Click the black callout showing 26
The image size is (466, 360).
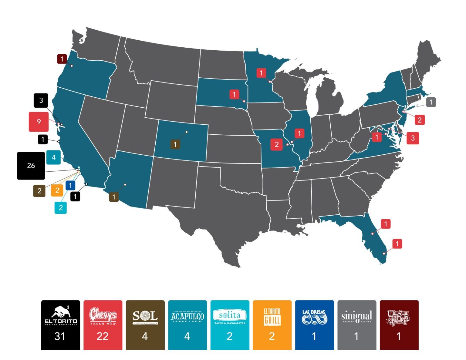[x=31, y=166]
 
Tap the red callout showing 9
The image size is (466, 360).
[x=39, y=122]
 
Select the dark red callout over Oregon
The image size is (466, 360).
[x=62, y=59]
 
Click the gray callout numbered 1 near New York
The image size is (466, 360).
[x=431, y=102]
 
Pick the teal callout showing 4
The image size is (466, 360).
[x=53, y=157]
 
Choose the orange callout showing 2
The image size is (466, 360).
[x=57, y=190]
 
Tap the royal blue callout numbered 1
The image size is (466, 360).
[x=70, y=185]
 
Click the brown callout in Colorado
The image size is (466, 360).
[x=175, y=144]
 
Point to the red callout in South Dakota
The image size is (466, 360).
[x=234, y=94]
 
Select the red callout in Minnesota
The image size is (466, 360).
[x=261, y=73]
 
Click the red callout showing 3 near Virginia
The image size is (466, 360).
[x=413, y=138]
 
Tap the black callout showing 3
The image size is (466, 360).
[x=41, y=100]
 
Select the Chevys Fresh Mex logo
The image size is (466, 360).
[x=103, y=316]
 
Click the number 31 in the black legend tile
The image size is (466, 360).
[x=60, y=336]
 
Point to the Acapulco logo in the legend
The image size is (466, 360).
[x=187, y=317]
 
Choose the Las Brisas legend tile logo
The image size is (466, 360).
[x=314, y=317]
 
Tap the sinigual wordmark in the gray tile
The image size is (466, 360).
[x=356, y=316]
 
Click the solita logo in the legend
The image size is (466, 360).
[x=230, y=316]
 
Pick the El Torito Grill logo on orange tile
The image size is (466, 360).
[x=272, y=317]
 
